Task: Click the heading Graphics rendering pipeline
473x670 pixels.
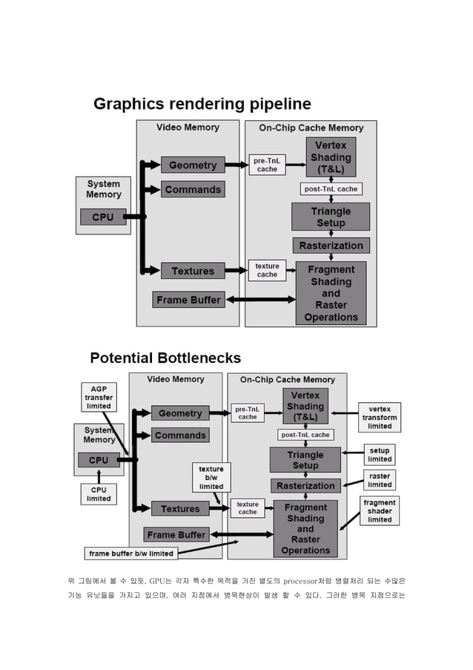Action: [x=202, y=104]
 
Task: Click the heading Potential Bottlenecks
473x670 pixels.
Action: [x=165, y=358]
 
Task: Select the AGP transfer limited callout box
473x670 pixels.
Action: [x=99, y=398]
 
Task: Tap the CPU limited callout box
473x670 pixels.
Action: [x=99, y=494]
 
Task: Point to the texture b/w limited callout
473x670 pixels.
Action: [x=211, y=478]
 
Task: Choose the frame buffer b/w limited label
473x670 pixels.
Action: [x=131, y=554]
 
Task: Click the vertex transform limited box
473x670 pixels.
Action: [x=380, y=417]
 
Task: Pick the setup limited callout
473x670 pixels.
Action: [x=380, y=455]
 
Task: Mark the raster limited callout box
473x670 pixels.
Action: [x=380, y=480]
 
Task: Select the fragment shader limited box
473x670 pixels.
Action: [x=380, y=510]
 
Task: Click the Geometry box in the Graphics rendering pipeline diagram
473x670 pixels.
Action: [x=192, y=165]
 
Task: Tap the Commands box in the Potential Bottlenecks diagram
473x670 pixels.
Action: [x=180, y=435]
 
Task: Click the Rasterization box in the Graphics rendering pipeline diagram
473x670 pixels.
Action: [x=331, y=246]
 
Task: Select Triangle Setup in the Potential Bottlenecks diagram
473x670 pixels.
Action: [x=305, y=460]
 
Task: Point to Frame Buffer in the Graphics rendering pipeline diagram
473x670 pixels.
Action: [x=188, y=300]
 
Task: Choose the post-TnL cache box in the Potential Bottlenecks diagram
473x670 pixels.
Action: [x=305, y=435]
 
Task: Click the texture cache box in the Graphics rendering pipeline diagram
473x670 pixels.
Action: [x=267, y=270]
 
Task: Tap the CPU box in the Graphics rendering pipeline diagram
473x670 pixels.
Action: [x=103, y=217]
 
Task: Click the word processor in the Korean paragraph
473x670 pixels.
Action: [x=303, y=580]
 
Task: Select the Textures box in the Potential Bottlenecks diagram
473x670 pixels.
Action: [x=180, y=509]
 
